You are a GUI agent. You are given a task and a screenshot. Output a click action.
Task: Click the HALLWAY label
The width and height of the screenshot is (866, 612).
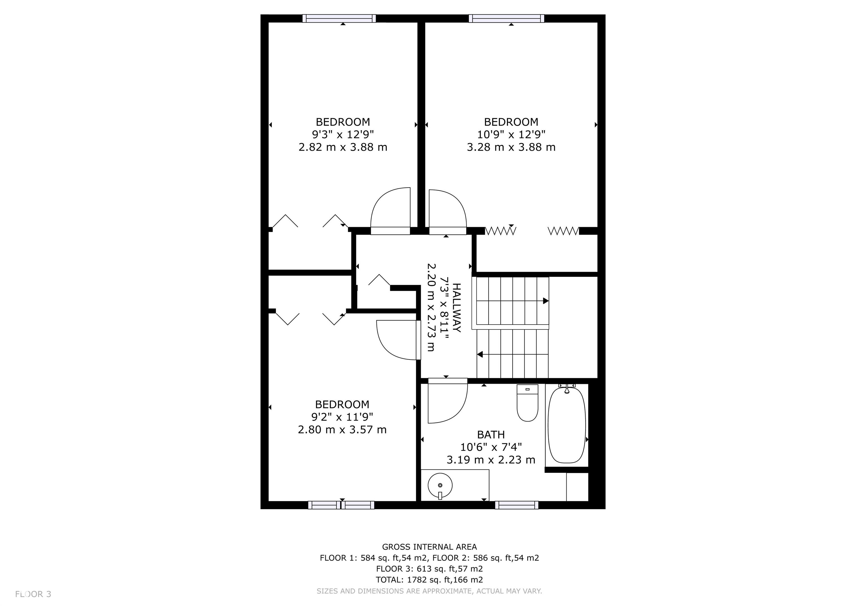pos(456,308)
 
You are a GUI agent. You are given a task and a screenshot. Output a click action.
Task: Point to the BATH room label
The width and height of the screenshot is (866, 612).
pos(491,435)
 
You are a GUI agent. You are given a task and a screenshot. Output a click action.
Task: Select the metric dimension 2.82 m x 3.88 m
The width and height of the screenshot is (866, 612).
pos(343,147)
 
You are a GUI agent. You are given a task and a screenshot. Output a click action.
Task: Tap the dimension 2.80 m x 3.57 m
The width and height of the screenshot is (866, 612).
pos(342,429)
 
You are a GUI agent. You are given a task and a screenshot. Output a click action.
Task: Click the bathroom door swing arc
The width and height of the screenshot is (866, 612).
pos(458,411)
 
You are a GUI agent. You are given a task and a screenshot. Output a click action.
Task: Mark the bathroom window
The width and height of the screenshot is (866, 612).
pos(517,505)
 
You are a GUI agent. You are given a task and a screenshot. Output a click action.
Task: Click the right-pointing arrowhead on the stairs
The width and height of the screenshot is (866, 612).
pos(546,301)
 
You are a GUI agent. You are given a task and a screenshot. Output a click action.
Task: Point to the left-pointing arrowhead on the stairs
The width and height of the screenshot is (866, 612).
pos(480,354)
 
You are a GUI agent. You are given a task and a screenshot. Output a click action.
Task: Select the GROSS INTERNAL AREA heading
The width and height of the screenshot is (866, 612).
pos(430,547)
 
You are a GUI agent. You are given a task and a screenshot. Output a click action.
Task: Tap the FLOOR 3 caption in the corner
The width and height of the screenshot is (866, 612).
pos(33,594)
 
